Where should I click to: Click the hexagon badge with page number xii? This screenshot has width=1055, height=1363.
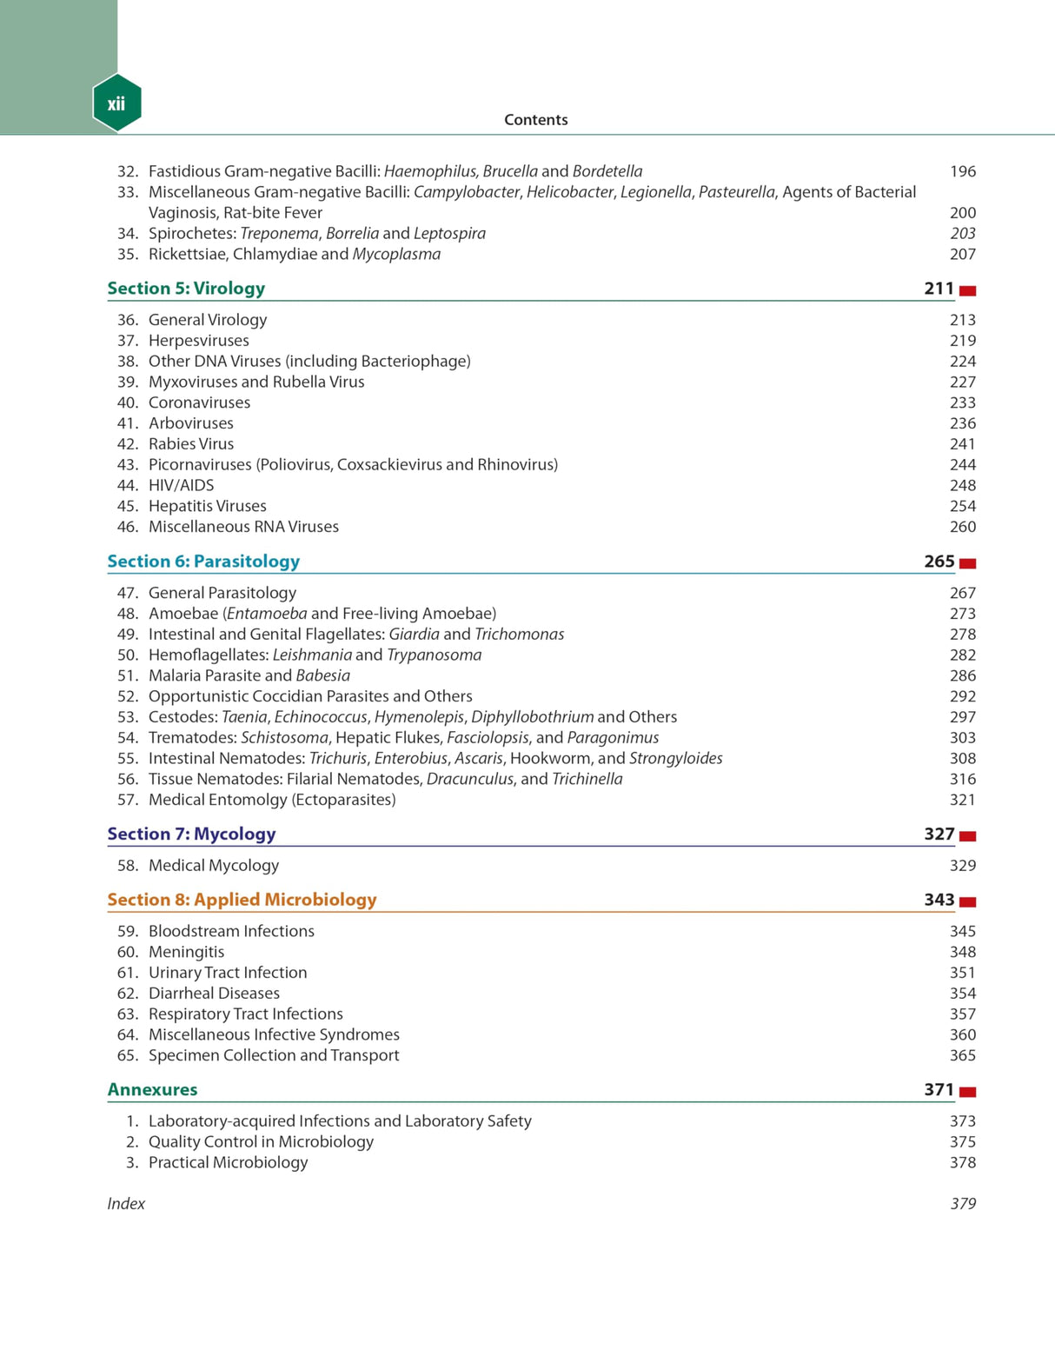pos(116,103)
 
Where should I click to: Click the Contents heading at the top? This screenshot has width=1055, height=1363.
pos(535,120)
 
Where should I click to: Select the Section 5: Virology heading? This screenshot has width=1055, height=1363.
pos(186,289)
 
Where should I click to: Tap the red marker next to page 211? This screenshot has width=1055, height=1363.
pos(967,290)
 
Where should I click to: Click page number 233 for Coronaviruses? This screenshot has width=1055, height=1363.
pos(962,402)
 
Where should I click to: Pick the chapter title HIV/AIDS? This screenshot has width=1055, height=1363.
pos(181,485)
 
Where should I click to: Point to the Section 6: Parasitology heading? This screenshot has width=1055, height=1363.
pos(203,562)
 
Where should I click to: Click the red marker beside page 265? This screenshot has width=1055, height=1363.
pos(967,563)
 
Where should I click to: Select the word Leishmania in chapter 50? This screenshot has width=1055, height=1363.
pos(312,655)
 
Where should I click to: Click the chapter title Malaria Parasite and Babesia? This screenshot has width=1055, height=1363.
pos(249,675)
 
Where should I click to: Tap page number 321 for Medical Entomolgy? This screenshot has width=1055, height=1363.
pos(962,800)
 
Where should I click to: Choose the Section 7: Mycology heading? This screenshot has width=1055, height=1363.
pos(191,834)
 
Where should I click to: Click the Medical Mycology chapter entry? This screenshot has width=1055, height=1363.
pos(214,866)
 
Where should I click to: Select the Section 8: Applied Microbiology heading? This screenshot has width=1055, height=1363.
pos(242,900)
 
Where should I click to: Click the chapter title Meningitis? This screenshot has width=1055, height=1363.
pos(186,952)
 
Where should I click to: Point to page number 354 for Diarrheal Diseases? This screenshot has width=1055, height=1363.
pos(962,994)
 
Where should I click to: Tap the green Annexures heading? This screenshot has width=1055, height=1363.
pos(152,1090)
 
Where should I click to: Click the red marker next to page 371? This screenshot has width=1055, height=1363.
pos(967,1092)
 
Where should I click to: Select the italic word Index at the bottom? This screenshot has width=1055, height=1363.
pos(126,1204)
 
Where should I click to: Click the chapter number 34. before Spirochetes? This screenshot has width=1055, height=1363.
pos(128,234)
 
